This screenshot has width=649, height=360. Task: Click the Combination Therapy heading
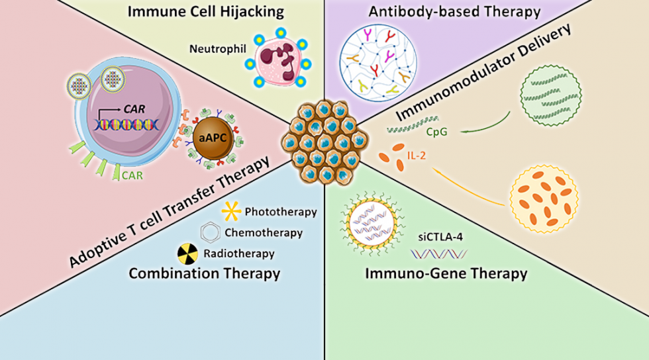click(x=204, y=273)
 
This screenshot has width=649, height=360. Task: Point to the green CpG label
click(x=437, y=132)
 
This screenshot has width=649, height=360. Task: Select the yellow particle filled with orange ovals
click(x=547, y=195)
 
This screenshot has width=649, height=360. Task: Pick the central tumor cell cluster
click(x=321, y=142)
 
